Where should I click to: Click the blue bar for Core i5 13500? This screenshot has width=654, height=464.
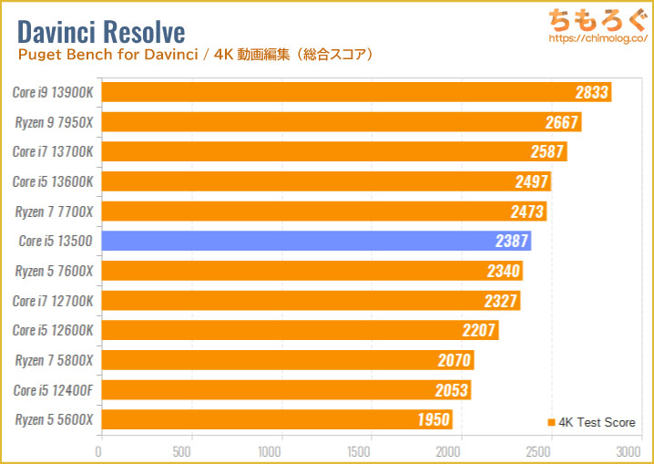click(315, 241)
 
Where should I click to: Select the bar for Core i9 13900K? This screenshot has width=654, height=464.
click(354, 92)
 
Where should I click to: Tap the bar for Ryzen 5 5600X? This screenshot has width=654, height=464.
click(276, 419)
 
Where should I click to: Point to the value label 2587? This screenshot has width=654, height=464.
click(547, 151)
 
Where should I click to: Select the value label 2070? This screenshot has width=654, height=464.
click(455, 360)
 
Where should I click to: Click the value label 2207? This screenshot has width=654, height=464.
click(479, 330)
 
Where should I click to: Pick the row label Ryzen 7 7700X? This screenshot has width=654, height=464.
click(54, 211)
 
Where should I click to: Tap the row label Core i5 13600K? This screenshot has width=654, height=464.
click(53, 181)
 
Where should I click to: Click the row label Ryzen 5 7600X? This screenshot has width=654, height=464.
click(54, 271)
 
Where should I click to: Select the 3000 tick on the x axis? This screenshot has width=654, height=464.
click(628, 451)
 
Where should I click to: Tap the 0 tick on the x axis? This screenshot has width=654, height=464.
click(99, 451)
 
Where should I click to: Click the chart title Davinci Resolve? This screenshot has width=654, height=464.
click(101, 32)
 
